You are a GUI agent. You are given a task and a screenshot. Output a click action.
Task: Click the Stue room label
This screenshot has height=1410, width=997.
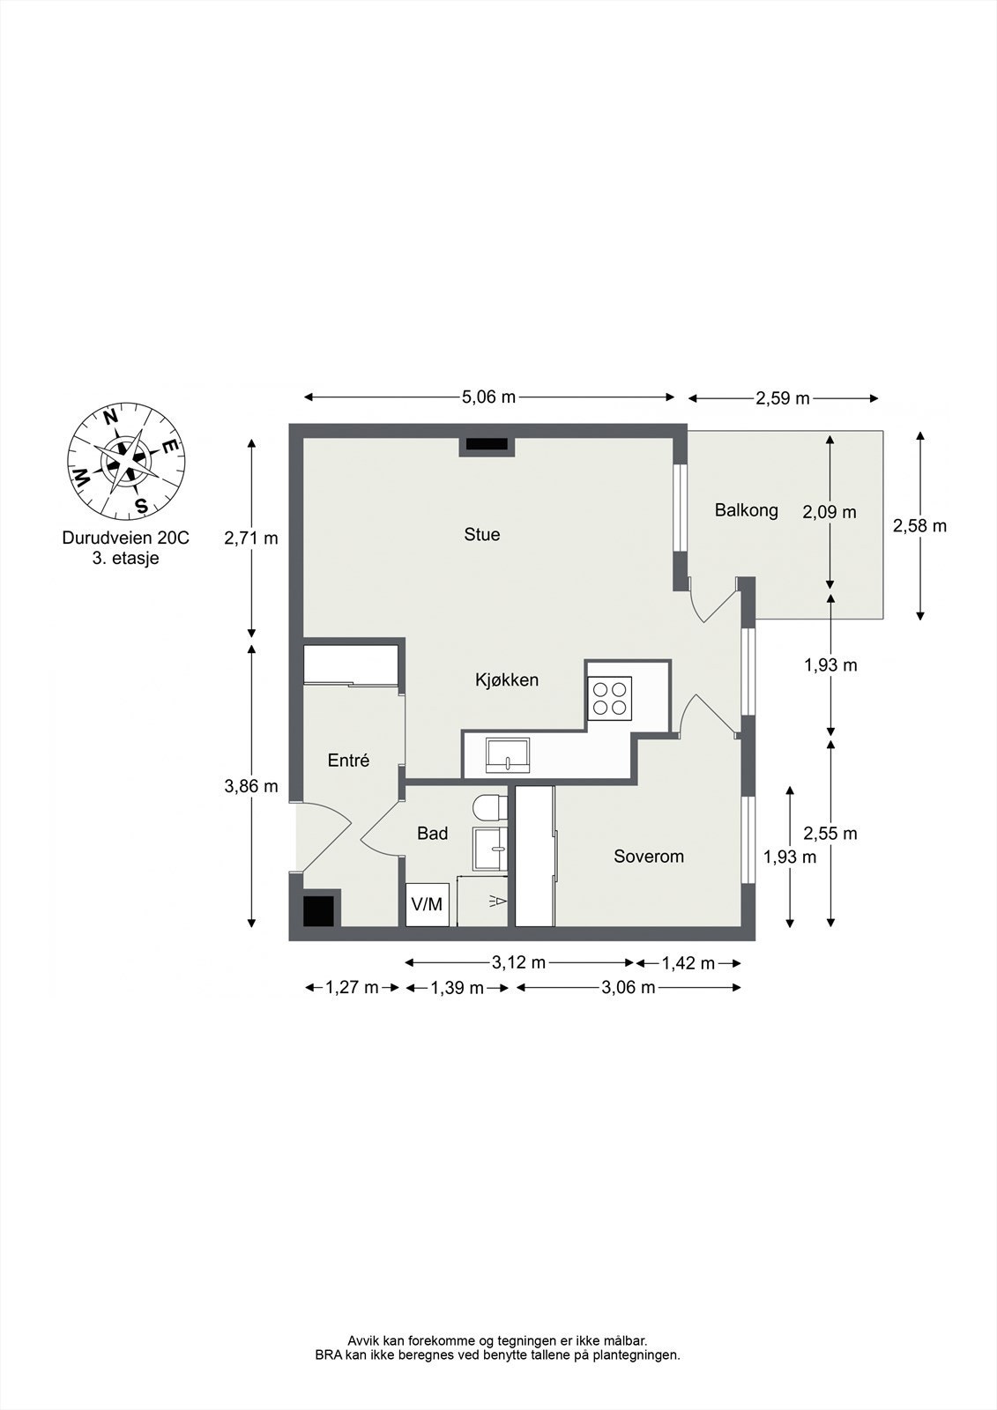click(482, 534)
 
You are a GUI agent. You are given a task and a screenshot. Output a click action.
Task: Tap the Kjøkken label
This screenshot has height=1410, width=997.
click(506, 679)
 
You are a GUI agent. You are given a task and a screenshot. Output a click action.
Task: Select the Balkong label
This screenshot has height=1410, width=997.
click(747, 510)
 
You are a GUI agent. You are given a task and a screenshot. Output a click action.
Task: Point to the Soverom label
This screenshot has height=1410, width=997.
click(649, 856)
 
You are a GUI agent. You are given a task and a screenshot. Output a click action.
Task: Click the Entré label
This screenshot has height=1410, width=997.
click(348, 761)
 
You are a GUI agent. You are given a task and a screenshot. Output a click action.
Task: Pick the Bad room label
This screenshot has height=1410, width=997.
click(433, 834)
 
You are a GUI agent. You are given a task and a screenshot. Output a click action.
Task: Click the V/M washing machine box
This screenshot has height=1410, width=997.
click(427, 904)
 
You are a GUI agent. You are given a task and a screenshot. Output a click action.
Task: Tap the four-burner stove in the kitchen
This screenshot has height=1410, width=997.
click(610, 698)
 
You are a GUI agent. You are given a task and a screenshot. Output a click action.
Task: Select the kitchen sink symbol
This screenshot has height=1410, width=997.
click(508, 756)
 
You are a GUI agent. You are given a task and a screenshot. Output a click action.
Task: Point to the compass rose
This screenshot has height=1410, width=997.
click(126, 462)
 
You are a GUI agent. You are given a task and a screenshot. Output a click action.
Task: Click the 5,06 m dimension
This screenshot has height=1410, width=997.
click(489, 397)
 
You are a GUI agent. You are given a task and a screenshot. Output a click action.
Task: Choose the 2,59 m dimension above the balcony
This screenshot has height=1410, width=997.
click(783, 398)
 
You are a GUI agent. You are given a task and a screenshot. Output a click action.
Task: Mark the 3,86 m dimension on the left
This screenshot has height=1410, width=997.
click(251, 786)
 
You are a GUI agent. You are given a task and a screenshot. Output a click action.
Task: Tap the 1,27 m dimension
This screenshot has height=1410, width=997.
click(352, 988)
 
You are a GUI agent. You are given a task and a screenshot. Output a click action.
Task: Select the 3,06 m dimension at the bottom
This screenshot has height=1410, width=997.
click(629, 988)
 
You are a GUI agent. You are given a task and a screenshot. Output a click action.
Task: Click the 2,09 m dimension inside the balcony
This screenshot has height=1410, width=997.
click(830, 512)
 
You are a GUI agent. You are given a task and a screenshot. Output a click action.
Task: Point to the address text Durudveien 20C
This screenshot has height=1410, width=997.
click(126, 538)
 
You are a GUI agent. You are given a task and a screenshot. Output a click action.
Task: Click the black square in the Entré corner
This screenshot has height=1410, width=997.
click(318, 911)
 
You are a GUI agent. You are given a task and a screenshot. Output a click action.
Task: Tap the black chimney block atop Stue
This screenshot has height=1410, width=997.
click(487, 444)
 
